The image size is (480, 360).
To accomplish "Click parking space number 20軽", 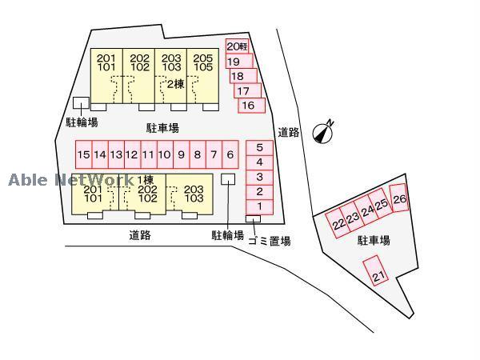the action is point(238,46).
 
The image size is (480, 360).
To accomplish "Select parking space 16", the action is point(252,106).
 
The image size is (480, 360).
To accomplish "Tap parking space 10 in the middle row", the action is point(165,154).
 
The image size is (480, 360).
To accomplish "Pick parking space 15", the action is point(83,154).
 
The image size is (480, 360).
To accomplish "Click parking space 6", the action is point(230,154).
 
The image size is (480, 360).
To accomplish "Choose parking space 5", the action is point(259,148).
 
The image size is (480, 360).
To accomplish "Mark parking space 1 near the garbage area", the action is point(259,207).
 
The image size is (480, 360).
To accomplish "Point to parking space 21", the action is point(376,270).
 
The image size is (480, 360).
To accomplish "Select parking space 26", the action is point(399,198).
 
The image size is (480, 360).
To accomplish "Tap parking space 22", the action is point(338,223).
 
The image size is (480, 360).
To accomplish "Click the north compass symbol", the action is point(323,132).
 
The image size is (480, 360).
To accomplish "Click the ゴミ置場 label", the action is point(269,241).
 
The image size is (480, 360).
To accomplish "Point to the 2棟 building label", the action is point(176,83).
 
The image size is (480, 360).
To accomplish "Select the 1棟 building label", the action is point(146,179).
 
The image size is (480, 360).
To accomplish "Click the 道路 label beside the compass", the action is point(288,132).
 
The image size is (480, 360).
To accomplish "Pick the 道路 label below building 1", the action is point(140,235).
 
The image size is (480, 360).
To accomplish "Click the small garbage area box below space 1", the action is point(253,218).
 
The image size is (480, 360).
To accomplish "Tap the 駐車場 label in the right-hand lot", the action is point(374,240).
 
